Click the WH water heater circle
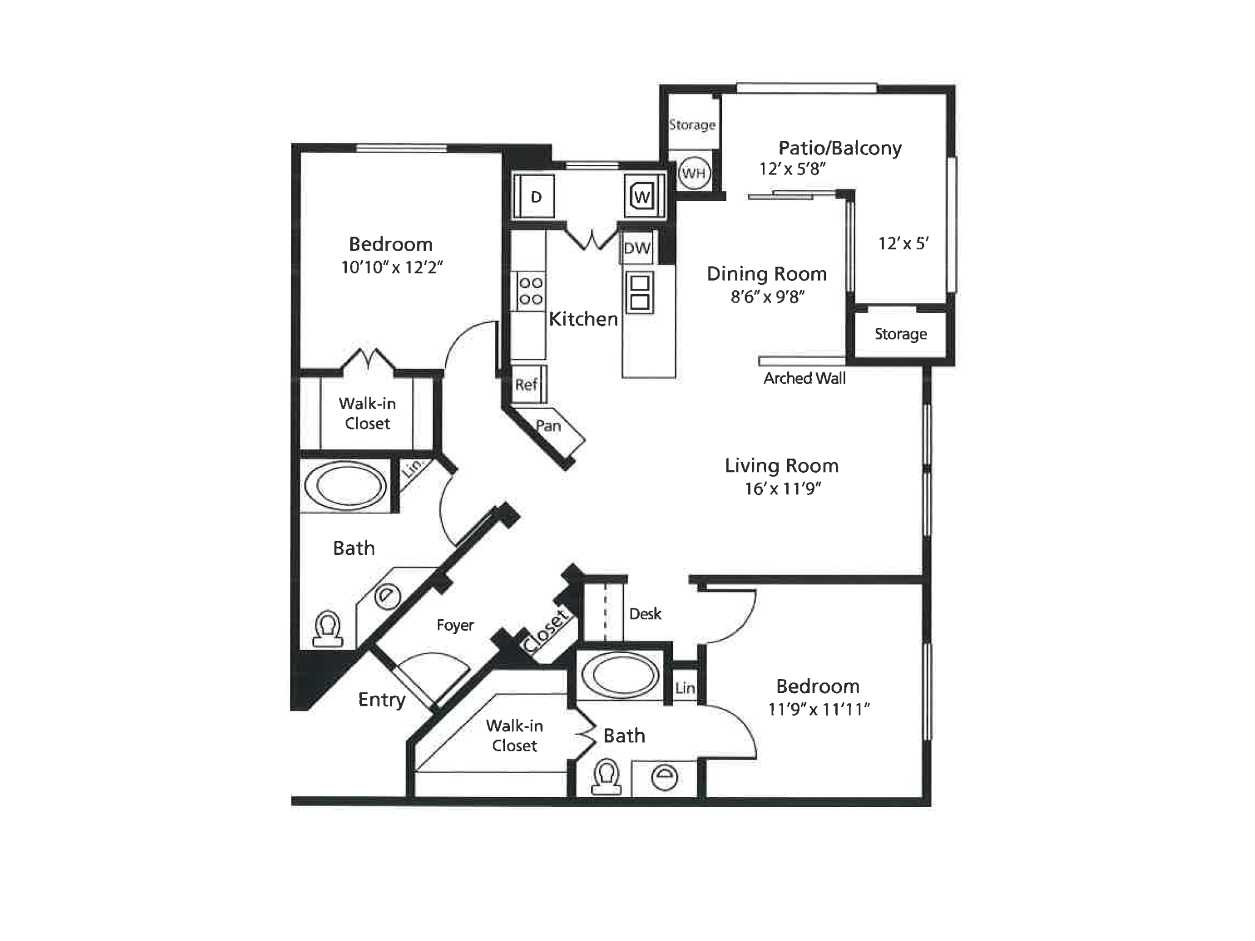(x=694, y=173)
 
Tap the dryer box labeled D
(x=535, y=197)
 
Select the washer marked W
(x=642, y=197)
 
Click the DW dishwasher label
(x=637, y=248)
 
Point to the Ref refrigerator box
(x=526, y=385)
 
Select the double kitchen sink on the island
(x=639, y=292)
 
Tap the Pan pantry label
(x=548, y=426)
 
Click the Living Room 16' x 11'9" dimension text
(x=783, y=489)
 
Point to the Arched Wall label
(x=804, y=379)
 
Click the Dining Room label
(x=767, y=274)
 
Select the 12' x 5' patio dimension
(x=903, y=244)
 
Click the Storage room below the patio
(x=900, y=334)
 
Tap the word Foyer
(x=455, y=625)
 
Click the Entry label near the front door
(x=382, y=700)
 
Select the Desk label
(x=645, y=614)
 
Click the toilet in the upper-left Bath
(x=327, y=629)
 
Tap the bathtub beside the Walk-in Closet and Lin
(x=346, y=485)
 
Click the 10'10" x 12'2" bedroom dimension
(x=392, y=267)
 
